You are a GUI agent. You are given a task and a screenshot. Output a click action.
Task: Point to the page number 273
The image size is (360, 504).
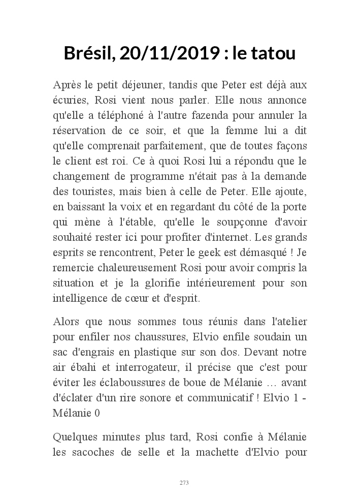pyautogui.click(x=184, y=482)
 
